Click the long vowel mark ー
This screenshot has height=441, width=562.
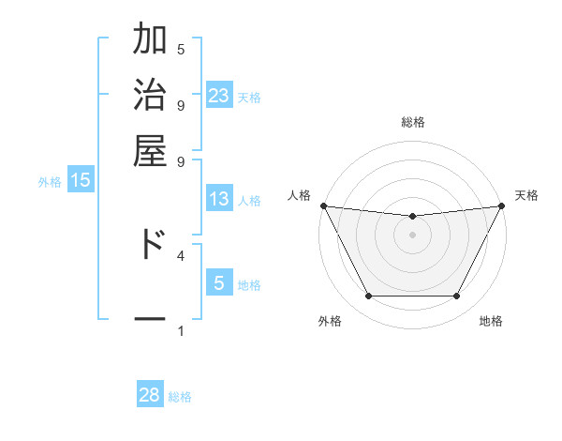click(x=150, y=319)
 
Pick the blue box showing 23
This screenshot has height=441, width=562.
click(x=219, y=95)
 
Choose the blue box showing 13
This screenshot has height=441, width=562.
click(x=219, y=199)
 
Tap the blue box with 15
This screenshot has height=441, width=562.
click(x=81, y=180)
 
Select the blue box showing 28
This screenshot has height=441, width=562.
click(x=150, y=395)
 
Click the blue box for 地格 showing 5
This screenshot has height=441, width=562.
click(x=219, y=283)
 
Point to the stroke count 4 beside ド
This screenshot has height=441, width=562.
click(x=181, y=254)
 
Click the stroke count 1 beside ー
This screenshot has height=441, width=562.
click(x=181, y=330)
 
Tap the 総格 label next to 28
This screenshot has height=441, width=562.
click(x=180, y=397)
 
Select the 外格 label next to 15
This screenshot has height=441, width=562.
click(x=49, y=182)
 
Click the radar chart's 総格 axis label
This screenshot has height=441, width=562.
click(x=412, y=122)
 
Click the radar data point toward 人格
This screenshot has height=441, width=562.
click(x=323, y=205)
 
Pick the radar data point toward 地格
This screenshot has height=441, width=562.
click(x=457, y=297)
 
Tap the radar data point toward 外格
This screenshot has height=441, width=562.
click(x=368, y=297)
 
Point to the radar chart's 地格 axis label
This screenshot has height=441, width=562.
click(x=491, y=321)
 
